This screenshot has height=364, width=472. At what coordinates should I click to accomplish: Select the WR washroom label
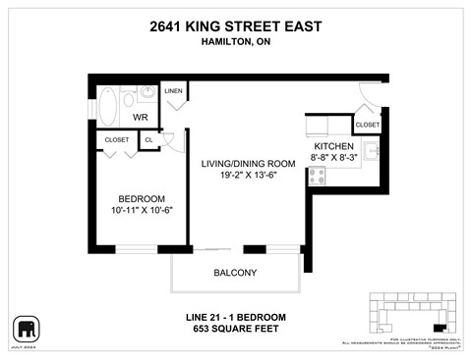point(140,117)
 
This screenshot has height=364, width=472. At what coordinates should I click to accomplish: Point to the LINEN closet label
point(174,90)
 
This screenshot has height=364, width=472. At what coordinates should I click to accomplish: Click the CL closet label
point(147,140)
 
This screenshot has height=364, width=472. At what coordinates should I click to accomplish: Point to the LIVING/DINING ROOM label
point(242,163)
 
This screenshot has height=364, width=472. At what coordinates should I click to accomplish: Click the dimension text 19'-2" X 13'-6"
point(242,177)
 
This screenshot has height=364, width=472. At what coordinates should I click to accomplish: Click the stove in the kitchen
point(318,176)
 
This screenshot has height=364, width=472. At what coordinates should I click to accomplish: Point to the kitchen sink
point(372,151)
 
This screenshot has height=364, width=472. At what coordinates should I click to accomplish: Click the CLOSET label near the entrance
point(367,125)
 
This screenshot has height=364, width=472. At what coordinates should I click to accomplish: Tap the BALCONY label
point(235,272)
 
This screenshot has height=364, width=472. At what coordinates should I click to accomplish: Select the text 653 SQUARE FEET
point(235,329)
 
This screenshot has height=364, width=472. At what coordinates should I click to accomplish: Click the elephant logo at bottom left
point(25,327)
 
